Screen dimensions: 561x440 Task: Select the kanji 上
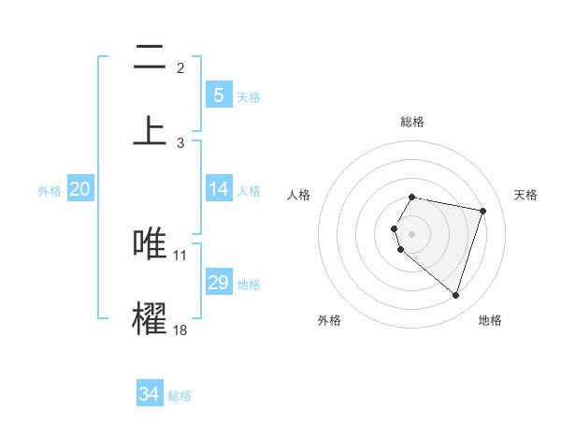(150, 129)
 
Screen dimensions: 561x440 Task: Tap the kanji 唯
(150, 242)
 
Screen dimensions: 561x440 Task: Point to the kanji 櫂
(150, 316)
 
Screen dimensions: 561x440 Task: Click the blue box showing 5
(218, 95)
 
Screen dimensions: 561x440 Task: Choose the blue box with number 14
(218, 189)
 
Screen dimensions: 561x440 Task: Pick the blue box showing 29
(218, 283)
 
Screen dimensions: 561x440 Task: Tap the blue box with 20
(80, 189)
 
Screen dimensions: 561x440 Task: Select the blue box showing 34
(150, 394)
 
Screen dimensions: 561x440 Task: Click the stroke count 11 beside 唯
(180, 255)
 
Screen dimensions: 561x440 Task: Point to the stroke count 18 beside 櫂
(180, 330)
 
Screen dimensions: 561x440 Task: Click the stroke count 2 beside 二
(180, 68)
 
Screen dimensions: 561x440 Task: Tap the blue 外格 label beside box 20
(50, 190)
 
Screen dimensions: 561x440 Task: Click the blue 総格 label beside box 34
(180, 396)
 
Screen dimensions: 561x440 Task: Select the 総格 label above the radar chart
(412, 122)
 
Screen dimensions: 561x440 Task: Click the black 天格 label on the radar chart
(526, 195)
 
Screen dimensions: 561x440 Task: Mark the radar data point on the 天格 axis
(482, 211)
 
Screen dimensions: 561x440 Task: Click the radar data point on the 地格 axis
(455, 295)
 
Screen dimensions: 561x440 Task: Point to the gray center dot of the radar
(412, 233)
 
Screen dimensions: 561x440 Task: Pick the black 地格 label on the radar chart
(490, 320)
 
